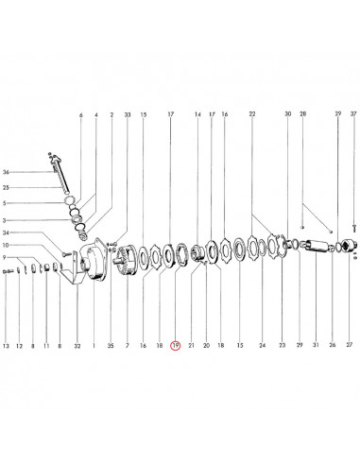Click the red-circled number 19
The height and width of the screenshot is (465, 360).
click(176, 346)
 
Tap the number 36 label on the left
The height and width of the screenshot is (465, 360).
click(6, 172)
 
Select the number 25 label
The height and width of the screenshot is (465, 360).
click(6, 188)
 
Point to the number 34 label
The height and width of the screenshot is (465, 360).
click(6, 232)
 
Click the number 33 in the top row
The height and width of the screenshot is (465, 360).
click(128, 114)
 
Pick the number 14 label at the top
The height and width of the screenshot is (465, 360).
click(197, 114)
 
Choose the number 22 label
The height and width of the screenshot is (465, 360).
click(252, 113)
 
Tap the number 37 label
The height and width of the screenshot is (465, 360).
click(353, 113)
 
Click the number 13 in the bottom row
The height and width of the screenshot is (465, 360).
click(6, 346)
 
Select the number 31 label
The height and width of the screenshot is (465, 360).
click(316, 345)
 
